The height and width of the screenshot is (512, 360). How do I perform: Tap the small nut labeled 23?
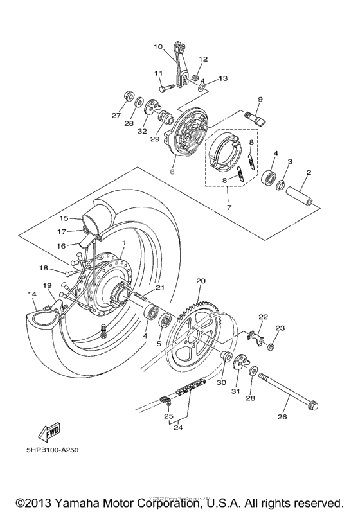(x=271, y=347)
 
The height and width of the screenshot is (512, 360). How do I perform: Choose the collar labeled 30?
(x=226, y=357)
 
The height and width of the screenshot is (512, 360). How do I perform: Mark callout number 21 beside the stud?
(x=160, y=288)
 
